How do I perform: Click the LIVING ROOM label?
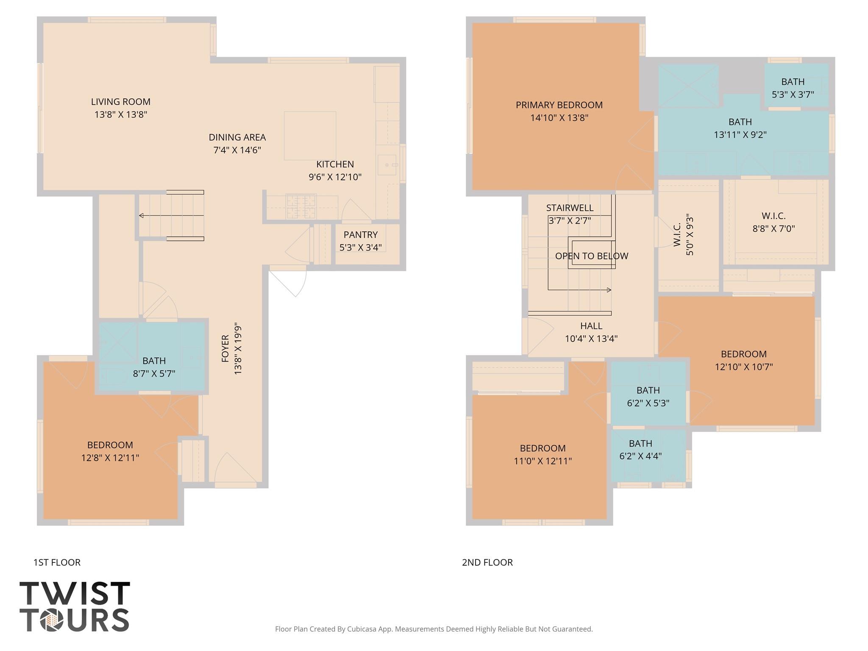click(121, 102)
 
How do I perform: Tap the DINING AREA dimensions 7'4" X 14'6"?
click(237, 150)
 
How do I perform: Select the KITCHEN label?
click(335, 164)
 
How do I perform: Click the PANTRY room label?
click(360, 235)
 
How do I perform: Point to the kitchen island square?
click(310, 136)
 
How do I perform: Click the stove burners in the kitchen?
click(301, 206)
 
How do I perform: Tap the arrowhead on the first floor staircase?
click(142, 216)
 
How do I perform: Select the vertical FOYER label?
click(225, 348)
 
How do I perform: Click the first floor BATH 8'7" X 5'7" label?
click(154, 367)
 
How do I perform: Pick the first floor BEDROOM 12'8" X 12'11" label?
click(110, 451)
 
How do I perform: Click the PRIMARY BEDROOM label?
click(559, 105)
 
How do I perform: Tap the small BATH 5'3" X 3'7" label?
click(793, 88)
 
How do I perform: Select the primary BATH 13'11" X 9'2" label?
click(740, 128)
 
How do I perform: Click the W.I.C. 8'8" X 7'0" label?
click(773, 222)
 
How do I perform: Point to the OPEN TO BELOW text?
click(592, 256)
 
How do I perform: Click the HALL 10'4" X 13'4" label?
click(591, 332)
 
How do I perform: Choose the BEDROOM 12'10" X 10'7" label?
click(744, 360)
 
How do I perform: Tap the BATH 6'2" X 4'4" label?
click(640, 449)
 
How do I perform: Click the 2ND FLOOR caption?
click(487, 562)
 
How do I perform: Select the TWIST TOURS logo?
click(75, 606)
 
